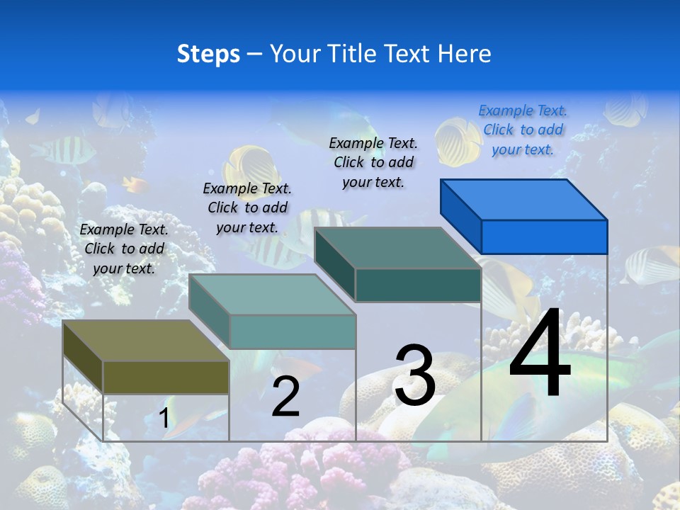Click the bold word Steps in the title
pyautogui.click(x=208, y=54)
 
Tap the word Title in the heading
pyautogui.click(x=354, y=54)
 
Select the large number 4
pyautogui.click(x=540, y=354)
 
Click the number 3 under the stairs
pyautogui.click(x=414, y=375)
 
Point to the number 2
pyautogui.click(x=285, y=397)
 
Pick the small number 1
pyautogui.click(x=164, y=418)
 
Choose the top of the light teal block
pyautogui.click(x=272, y=295)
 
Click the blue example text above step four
pyautogui.click(x=523, y=130)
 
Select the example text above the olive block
pyautogui.click(x=124, y=249)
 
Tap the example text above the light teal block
pyautogui.click(x=247, y=208)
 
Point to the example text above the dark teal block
pyautogui.click(x=373, y=162)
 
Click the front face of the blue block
pyautogui.click(x=544, y=237)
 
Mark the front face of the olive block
pyautogui.click(x=166, y=378)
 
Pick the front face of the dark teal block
pyautogui.click(x=418, y=285)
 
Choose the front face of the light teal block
pyautogui.click(x=292, y=331)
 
